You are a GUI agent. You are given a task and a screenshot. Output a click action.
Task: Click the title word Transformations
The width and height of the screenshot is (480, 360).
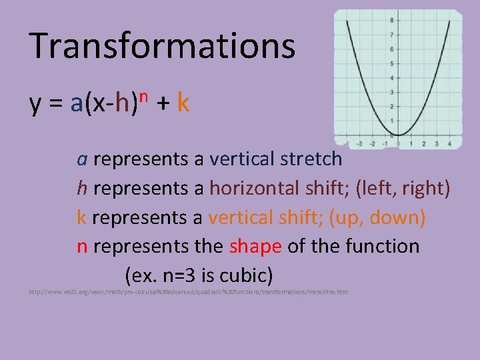162,45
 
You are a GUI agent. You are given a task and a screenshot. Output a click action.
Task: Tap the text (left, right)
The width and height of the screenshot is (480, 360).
403,188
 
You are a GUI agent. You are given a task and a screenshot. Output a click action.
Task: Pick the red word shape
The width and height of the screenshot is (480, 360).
255,246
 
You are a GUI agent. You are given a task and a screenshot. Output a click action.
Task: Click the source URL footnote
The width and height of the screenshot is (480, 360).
187,292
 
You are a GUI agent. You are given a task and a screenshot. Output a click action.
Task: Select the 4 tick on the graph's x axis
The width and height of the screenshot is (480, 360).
450,143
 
